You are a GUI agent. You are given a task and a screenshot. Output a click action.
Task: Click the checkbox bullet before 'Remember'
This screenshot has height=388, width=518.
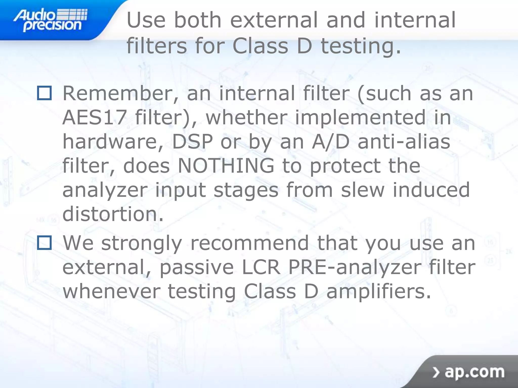click(x=45, y=93)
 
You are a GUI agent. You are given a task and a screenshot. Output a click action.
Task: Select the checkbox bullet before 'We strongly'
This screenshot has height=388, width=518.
click(x=45, y=243)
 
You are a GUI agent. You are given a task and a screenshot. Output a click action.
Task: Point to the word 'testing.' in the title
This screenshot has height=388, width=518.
click(x=361, y=46)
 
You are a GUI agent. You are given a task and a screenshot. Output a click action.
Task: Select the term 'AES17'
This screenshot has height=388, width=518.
click(x=94, y=117)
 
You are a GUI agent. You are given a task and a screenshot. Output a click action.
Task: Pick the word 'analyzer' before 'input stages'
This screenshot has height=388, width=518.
click(x=105, y=190)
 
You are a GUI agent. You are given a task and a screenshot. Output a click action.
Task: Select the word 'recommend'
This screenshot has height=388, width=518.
click(x=249, y=243)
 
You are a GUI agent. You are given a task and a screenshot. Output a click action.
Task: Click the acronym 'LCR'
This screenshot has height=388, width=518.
click(x=261, y=267)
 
